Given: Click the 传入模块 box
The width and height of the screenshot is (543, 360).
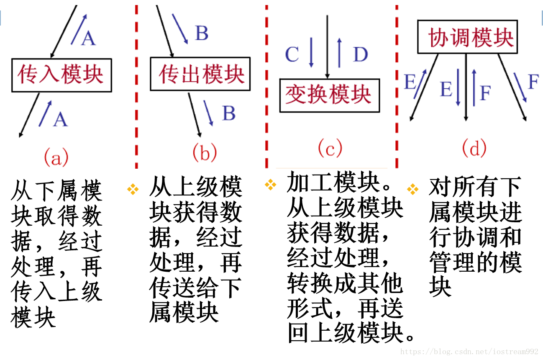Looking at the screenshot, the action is [x=61, y=75].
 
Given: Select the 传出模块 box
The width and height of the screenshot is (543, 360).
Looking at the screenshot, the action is [x=200, y=74].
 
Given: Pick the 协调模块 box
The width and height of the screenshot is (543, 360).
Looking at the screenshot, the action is [x=467, y=37].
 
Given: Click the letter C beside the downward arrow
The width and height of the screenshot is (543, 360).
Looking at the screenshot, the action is [x=292, y=54].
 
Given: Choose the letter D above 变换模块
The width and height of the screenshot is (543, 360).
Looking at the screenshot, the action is [x=360, y=54].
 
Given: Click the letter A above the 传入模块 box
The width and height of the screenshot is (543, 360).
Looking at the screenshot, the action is [x=88, y=38].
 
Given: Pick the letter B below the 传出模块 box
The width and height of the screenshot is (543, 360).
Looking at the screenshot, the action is [x=229, y=113].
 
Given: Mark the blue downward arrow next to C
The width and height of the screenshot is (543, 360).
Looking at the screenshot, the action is [x=311, y=52].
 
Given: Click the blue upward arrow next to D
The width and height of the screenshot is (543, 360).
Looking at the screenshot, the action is [x=339, y=52].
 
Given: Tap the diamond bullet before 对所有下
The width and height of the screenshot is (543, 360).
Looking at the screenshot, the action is [x=412, y=189].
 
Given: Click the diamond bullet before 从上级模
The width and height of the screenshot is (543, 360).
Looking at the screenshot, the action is [x=133, y=189].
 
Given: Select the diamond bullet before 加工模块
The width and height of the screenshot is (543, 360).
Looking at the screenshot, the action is [x=271, y=184].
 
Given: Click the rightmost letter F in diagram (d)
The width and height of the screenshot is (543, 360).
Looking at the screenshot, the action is [x=533, y=82].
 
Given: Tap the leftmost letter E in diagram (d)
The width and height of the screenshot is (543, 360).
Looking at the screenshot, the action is [x=410, y=82].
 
